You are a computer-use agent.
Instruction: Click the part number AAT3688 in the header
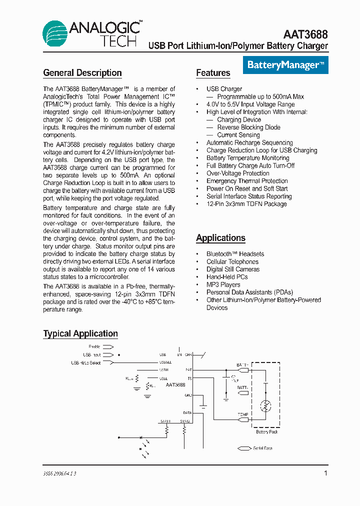305,34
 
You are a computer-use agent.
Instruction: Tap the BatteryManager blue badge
286,65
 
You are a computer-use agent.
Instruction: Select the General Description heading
82,73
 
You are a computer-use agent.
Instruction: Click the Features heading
213,73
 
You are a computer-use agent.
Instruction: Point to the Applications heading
220,238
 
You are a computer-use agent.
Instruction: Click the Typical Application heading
80,333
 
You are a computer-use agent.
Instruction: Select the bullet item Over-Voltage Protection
237,173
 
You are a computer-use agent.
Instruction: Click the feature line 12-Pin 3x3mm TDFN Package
246,204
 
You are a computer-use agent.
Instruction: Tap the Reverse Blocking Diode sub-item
248,127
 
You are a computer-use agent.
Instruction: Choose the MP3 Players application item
223,284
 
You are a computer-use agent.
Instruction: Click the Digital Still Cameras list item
233,269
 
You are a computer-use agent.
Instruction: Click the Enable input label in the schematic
94,346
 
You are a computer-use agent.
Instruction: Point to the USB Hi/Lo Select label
85,362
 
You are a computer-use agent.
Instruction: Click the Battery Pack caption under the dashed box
266,431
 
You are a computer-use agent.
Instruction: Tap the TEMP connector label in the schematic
242,414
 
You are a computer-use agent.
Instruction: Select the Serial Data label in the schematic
262,448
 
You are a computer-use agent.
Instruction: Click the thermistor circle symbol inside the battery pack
266,403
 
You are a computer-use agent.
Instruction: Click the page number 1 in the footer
325,473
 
